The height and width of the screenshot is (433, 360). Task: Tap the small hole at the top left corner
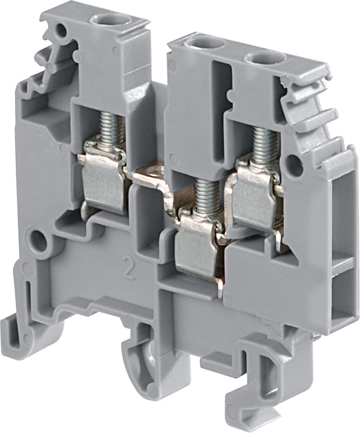61,30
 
